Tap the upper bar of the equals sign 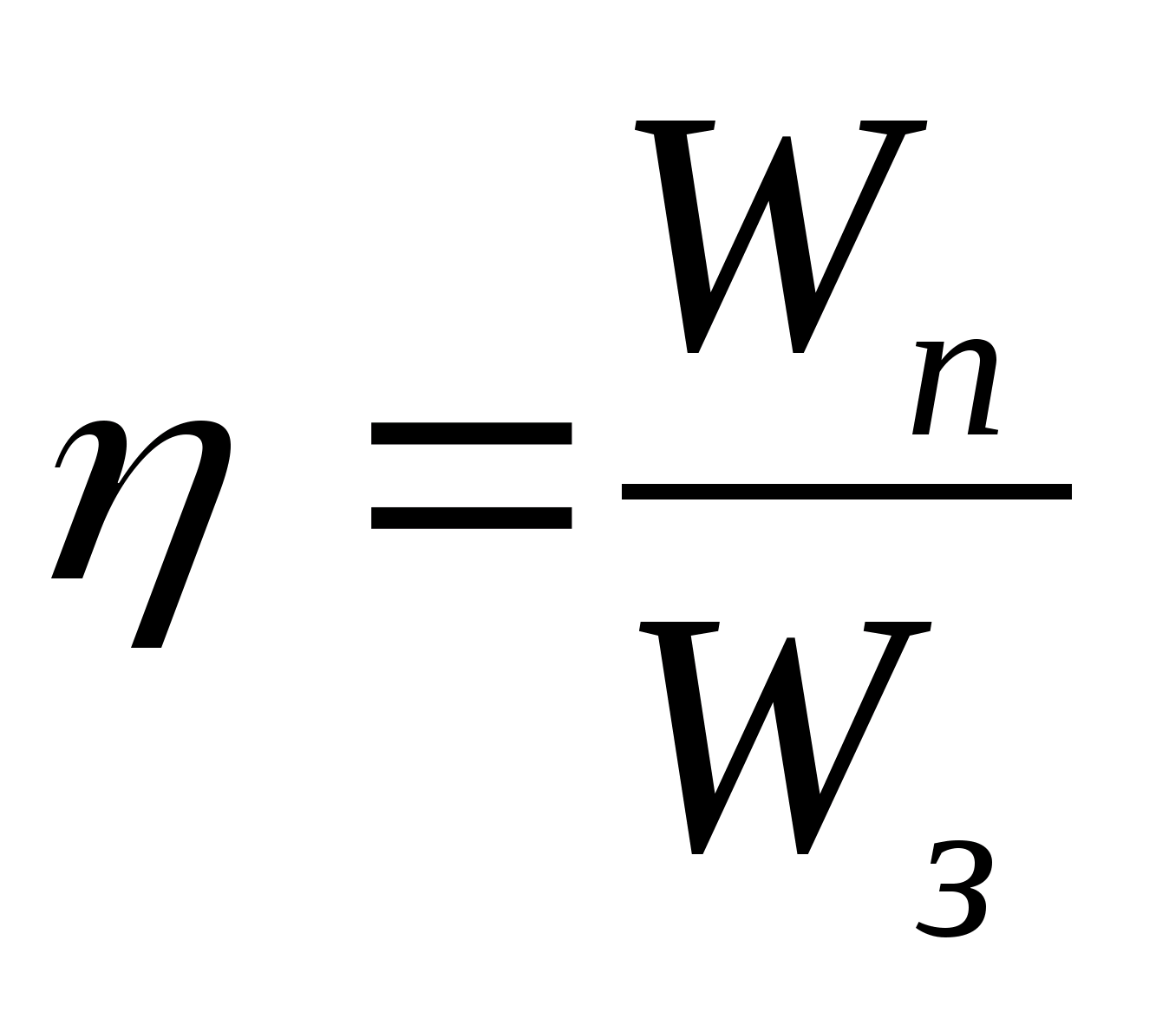click(x=471, y=434)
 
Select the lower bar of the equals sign click(x=471, y=518)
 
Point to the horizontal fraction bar click(x=846, y=492)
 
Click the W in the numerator click(x=780, y=234)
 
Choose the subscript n click(x=954, y=390)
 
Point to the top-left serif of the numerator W click(x=675, y=127)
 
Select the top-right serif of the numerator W click(x=893, y=127)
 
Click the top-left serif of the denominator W click(x=679, y=630)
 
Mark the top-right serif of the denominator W click(x=898, y=630)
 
